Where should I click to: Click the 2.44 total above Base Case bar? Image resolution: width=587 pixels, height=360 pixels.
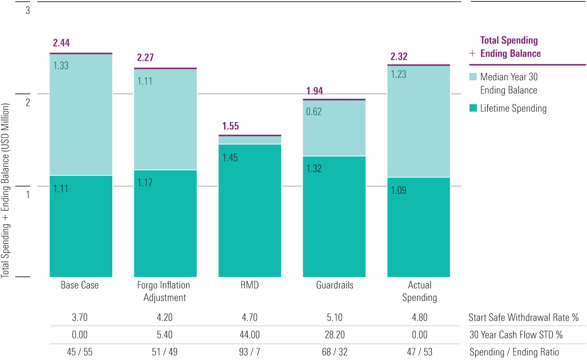[61, 43]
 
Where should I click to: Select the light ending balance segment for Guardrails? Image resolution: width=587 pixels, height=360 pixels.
[334, 128]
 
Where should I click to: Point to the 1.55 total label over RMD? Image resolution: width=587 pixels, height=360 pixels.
[230, 126]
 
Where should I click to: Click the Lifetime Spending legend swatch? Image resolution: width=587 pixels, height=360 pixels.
[473, 108]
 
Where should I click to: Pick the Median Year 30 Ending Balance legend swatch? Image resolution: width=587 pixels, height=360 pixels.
[473, 77]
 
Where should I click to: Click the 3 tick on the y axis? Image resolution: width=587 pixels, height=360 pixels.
[28, 10]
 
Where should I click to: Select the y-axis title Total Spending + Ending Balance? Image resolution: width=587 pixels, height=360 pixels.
[5, 191]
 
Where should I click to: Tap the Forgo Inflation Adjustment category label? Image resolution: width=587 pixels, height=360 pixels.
[164, 291]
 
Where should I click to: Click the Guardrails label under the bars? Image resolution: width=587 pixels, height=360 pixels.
[335, 285]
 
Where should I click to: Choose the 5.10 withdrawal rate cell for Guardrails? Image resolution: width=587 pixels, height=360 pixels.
[335, 317]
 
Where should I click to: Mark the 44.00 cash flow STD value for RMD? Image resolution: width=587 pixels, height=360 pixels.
[249, 335]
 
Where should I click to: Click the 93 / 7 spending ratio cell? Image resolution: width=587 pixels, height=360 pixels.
[249, 352]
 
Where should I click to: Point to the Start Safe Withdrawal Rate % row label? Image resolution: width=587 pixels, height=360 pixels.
[524, 317]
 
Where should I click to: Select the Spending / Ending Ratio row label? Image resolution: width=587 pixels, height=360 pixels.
[514, 352]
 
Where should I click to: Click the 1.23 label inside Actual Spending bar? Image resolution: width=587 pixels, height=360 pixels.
[398, 74]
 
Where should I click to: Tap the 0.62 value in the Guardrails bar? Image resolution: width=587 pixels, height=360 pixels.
[314, 111]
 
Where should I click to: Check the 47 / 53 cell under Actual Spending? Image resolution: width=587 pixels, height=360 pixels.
[419, 352]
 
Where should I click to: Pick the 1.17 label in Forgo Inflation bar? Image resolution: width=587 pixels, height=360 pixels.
[145, 183]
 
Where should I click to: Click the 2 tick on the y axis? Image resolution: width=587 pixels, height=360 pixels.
[28, 102]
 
